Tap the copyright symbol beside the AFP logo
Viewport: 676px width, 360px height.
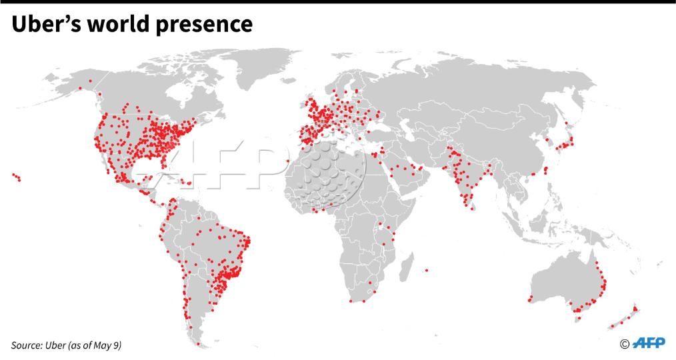[625, 344]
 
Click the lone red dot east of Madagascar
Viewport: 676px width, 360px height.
[425, 270]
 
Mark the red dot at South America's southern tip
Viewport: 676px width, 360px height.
[198, 344]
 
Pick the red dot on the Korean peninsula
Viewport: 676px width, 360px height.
[548, 141]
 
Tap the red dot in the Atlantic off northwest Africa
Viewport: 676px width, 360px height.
[287, 161]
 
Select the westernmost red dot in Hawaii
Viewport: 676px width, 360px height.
[13, 175]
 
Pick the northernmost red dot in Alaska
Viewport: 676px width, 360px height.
[90, 81]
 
